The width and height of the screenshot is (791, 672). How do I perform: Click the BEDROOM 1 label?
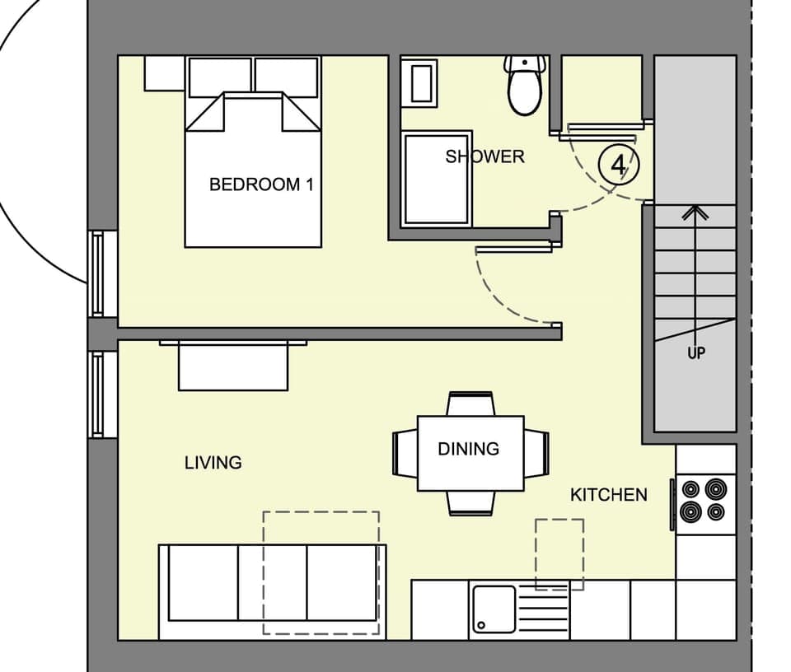pyautogui.click(x=261, y=184)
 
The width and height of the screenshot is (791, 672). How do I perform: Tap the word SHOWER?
pyautogui.click(x=484, y=156)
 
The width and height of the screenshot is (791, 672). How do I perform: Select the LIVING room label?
pyautogui.click(x=213, y=463)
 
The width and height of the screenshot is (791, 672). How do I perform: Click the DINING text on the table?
pyautogui.click(x=468, y=449)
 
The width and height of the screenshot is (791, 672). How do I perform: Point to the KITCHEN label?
pyautogui.click(x=609, y=495)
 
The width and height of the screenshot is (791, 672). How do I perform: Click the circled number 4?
pyautogui.click(x=619, y=166)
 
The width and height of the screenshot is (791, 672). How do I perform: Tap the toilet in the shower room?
pyautogui.click(x=524, y=86)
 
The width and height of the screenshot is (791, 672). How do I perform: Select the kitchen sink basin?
pyautogui.click(x=494, y=609)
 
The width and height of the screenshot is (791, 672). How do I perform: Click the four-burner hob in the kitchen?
pyautogui.click(x=704, y=502)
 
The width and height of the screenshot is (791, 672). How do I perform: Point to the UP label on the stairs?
pyautogui.click(x=696, y=354)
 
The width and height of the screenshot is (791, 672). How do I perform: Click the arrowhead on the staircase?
pyautogui.click(x=696, y=212)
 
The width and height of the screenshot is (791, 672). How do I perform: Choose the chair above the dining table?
pyautogui.click(x=470, y=404)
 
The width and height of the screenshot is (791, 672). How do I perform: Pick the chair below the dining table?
pyautogui.click(x=470, y=502)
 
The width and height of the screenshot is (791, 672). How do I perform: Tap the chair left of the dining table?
pyautogui.click(x=405, y=453)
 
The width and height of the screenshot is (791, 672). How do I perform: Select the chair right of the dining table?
pyautogui.click(x=536, y=453)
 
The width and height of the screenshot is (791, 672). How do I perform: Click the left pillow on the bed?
pyautogui.click(x=220, y=77)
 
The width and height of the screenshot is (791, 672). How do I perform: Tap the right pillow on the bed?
pyautogui.click(x=286, y=77)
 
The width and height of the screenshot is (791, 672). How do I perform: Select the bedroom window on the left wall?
pyautogui.click(x=98, y=273)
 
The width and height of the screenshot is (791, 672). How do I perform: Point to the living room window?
pyautogui.click(x=98, y=394)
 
